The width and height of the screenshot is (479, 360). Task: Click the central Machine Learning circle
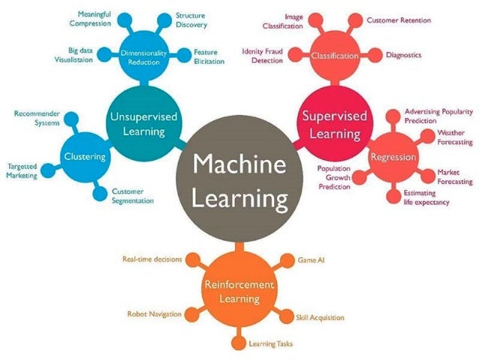(x=239, y=180)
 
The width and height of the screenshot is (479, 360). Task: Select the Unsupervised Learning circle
(x=137, y=123)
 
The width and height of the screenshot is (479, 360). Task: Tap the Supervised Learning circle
(x=334, y=123)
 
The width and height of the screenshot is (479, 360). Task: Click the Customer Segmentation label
(x=133, y=196)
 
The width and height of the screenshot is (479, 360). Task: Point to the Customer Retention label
(x=398, y=21)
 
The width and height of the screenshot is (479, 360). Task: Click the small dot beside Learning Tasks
(x=239, y=343)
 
